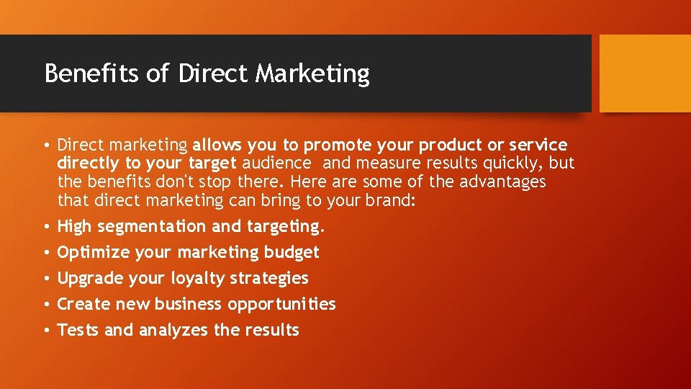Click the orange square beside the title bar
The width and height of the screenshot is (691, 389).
click(x=644, y=73)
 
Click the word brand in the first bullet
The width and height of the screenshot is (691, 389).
click(x=389, y=200)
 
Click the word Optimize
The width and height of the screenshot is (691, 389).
click(x=89, y=253)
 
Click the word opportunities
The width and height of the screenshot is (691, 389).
click(x=281, y=305)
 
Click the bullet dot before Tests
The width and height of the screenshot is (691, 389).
click(x=45, y=331)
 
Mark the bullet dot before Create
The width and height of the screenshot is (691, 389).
click(x=45, y=305)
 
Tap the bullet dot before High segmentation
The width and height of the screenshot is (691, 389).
click(x=45, y=227)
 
